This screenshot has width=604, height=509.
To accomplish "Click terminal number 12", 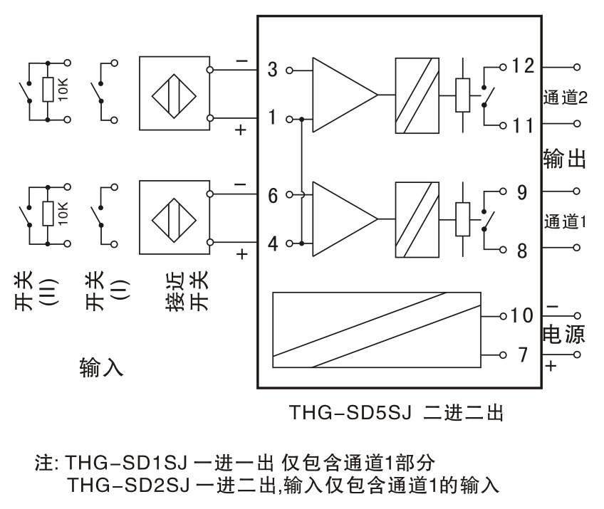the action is click(523, 65).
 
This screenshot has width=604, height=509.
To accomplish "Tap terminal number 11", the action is click(523, 125).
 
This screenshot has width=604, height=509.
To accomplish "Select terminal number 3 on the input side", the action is click(272, 70).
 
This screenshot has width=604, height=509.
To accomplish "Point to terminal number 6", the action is click(273, 196).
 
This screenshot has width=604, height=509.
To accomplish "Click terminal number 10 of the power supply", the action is click(522, 315).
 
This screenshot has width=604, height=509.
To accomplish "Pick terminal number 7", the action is click(523, 355).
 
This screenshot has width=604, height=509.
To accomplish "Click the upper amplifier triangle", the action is click(345, 95).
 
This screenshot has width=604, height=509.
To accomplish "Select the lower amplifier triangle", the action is click(345, 219).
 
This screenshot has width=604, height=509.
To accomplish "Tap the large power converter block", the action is click(377, 330).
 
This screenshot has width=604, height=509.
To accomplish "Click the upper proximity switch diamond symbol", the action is click(174, 96).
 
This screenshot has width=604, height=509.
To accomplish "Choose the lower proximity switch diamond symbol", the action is click(174, 220).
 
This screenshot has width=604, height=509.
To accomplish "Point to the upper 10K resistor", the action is click(48, 90).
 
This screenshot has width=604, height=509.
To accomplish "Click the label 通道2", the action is click(565, 98).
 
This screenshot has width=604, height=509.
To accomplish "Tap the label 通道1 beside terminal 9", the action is click(565, 222).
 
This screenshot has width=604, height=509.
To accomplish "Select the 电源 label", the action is click(564, 334).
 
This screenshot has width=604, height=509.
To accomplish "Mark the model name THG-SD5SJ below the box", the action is click(350, 412).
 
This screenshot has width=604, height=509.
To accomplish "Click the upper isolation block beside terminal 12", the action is click(417, 95).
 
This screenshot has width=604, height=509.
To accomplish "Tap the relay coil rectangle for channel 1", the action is click(463, 219).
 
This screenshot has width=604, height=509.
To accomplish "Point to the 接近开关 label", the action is click(187, 290).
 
